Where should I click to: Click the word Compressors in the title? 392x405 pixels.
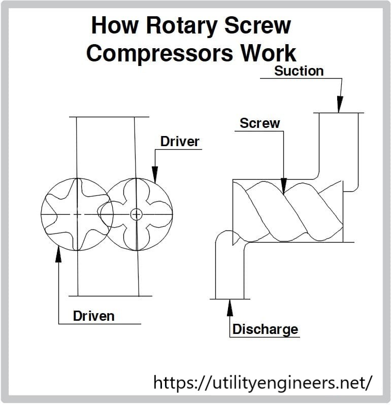(x=159, y=53)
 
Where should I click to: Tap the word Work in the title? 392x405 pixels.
(x=269, y=53)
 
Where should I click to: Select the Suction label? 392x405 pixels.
(x=299, y=71)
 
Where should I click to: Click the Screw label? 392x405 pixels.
(x=259, y=123)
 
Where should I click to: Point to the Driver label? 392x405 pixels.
(x=180, y=142)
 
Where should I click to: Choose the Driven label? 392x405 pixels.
(x=94, y=316)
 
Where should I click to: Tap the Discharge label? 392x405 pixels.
(x=266, y=329)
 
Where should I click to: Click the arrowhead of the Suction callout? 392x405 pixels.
(x=340, y=105)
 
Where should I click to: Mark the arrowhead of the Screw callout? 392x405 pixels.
(x=284, y=186)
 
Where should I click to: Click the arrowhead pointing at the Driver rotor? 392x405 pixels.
(x=155, y=175)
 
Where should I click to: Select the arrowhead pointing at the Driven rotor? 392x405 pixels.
(x=59, y=254)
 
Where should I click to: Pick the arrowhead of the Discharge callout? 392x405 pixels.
(x=230, y=308)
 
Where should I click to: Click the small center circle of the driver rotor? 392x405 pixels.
(x=136, y=214)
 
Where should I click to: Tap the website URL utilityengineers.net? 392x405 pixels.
(x=263, y=383)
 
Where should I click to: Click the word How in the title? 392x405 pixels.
(x=115, y=26)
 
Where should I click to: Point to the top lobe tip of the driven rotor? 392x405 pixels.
(x=77, y=179)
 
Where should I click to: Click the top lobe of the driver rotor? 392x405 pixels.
(x=136, y=185)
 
